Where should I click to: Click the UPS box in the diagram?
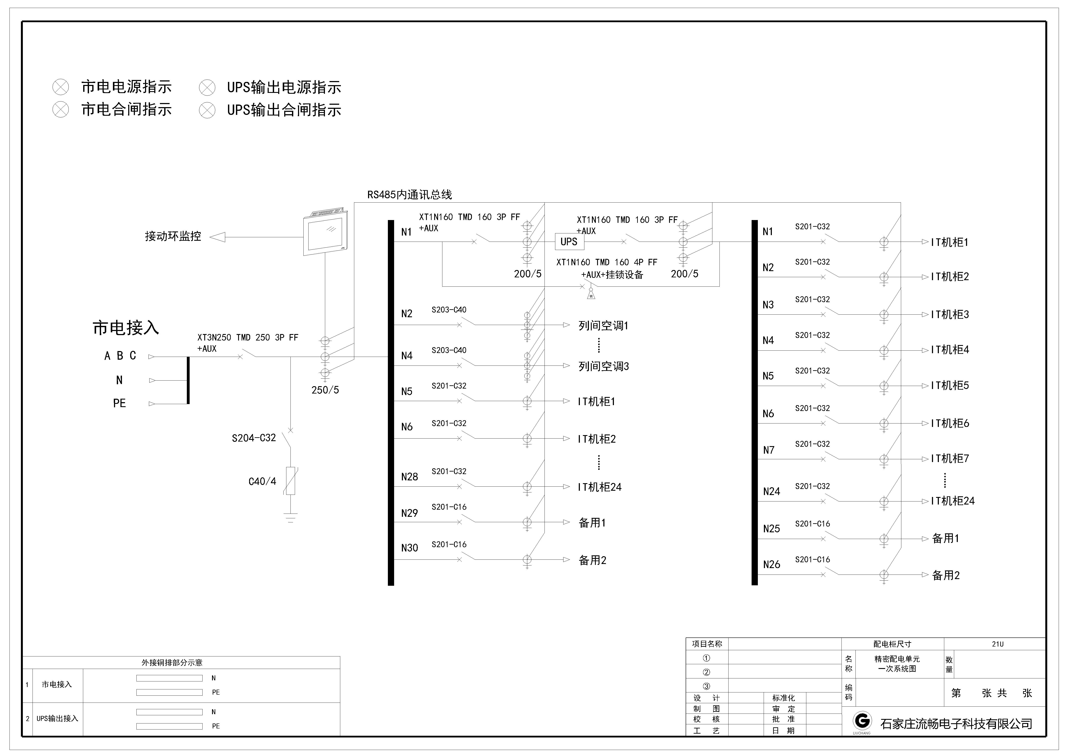tap(569, 242)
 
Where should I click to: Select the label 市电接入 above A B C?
tap(126, 328)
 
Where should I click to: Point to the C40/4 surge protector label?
tap(262, 481)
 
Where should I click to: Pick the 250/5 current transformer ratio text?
tap(325, 390)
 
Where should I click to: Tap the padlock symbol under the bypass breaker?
tap(591, 294)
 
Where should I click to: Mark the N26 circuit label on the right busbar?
tap(771, 565)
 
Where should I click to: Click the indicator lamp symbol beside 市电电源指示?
tap(61, 87)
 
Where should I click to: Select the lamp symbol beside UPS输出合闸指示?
tap(207, 110)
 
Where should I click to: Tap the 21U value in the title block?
tap(997, 644)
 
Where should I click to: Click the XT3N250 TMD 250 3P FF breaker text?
tap(248, 337)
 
